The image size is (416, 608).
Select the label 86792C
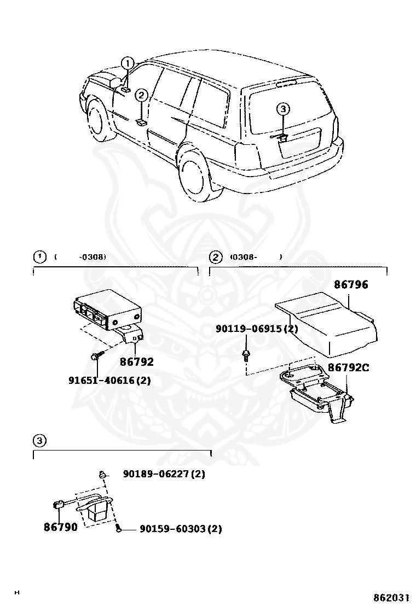[x=348, y=367]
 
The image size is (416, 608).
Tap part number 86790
[x=61, y=527]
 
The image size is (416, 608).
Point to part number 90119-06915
[x=256, y=329]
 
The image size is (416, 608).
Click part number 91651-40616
[x=109, y=379]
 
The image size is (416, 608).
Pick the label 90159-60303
[x=173, y=529]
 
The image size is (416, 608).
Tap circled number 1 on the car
[x=127, y=63]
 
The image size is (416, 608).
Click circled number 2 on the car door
[x=141, y=95]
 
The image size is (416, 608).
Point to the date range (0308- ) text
[x=255, y=256]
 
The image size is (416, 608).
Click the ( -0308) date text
[x=80, y=256]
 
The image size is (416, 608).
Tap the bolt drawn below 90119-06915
[x=246, y=355]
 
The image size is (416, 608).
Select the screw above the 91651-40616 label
[x=95, y=356]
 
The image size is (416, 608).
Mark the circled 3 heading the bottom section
[x=38, y=440]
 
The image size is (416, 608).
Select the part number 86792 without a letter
[x=136, y=361]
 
